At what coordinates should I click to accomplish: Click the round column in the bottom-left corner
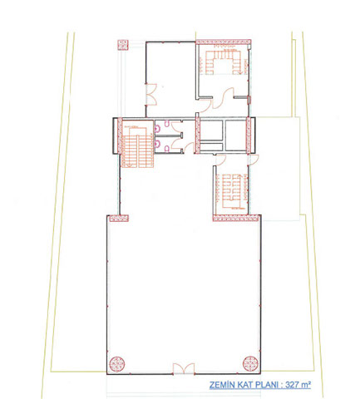point(117,364)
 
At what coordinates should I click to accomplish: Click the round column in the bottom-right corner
point(250,363)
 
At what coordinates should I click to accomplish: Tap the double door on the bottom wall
point(184,369)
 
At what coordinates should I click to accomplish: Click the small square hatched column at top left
point(123,45)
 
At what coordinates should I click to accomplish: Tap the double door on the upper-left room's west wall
point(151,94)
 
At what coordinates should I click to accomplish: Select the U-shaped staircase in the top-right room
point(223,62)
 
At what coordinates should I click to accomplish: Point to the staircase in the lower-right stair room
point(231,191)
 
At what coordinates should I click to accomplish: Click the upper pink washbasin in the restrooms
point(157,128)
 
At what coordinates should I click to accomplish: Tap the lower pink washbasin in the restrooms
point(157,143)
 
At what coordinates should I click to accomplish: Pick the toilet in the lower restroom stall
point(167,149)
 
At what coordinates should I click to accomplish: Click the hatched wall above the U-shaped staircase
point(224,42)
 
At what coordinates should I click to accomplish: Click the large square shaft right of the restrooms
point(236,135)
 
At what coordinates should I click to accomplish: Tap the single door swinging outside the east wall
point(254,160)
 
